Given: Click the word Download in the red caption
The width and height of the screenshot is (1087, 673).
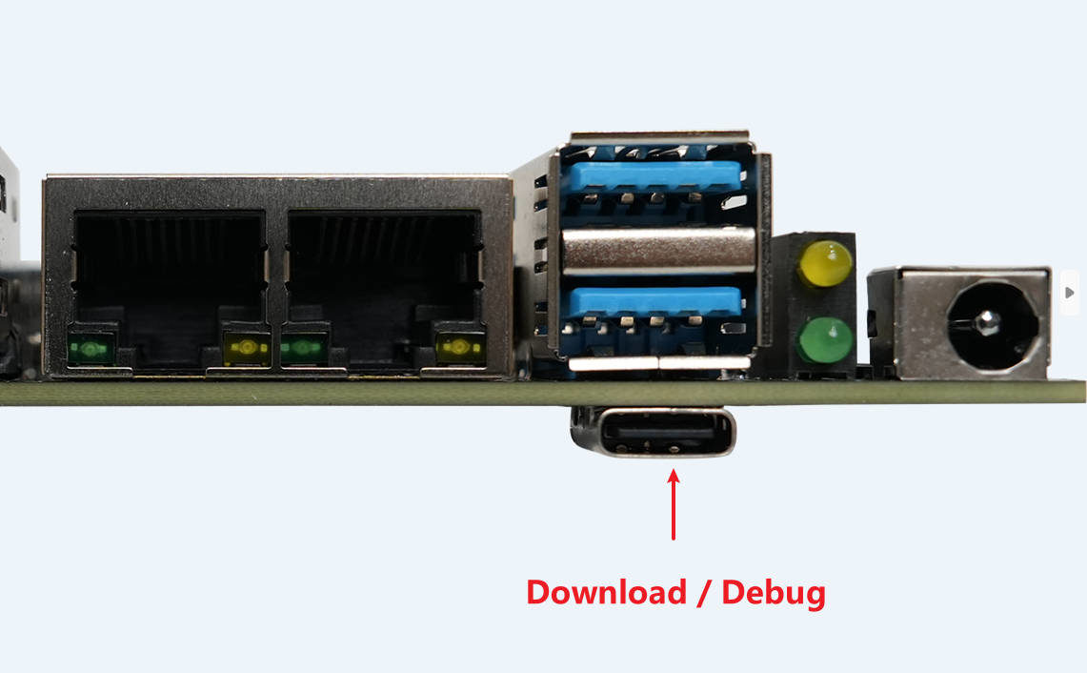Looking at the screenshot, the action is click(607, 593).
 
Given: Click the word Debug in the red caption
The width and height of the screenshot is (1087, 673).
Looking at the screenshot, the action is click(774, 594).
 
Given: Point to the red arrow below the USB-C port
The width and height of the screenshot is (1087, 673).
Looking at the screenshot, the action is click(674, 504).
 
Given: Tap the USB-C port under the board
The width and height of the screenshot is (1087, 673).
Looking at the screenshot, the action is click(653, 432).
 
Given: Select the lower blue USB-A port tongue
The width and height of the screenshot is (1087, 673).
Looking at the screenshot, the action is click(654, 302).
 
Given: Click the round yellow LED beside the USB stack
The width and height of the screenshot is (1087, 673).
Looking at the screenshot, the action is click(825, 264).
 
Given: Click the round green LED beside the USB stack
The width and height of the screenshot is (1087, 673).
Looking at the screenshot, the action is click(825, 340).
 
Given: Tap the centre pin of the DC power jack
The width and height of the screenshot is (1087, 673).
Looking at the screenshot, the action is click(986, 322).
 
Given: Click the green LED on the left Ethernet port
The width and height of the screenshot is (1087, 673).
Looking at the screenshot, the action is click(91, 348).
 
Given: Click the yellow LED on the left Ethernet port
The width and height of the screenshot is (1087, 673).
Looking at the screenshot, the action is click(247, 348).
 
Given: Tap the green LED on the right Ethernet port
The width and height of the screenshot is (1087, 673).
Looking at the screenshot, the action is click(304, 348).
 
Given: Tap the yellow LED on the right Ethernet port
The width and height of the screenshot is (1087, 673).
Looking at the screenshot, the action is click(460, 348).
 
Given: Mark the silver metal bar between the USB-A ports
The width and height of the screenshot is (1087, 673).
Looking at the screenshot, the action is click(658, 250).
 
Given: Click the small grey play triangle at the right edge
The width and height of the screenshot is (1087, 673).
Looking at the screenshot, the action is click(1070, 293).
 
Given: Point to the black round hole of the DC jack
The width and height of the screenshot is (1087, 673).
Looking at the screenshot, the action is click(993, 325).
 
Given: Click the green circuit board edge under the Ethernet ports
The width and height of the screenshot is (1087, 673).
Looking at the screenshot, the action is click(277, 393).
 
